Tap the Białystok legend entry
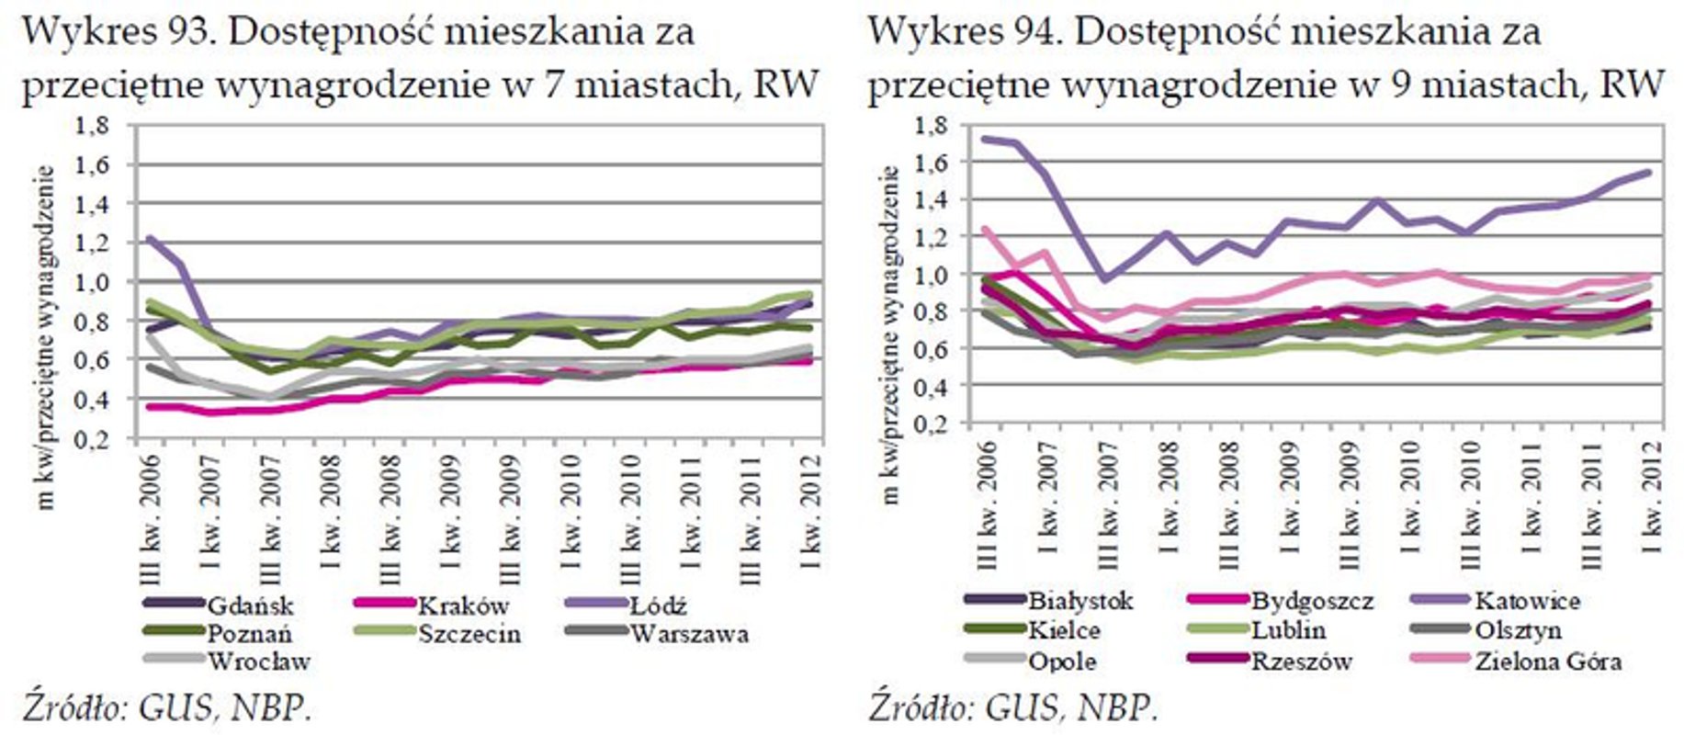coord(1080,602)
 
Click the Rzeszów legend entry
coord(1300,661)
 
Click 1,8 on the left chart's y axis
coord(93,126)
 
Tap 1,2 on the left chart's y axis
coord(93,243)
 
